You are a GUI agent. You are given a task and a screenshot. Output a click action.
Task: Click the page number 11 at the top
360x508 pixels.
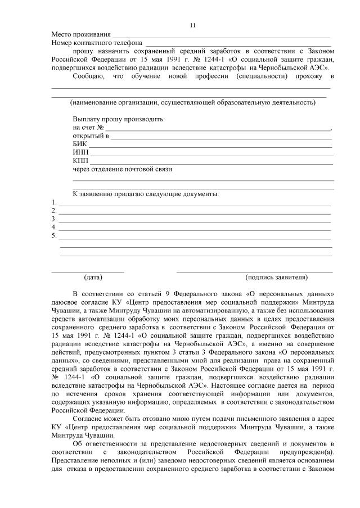pos(193,25)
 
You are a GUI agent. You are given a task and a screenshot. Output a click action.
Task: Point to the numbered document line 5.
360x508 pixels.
pos(195,237)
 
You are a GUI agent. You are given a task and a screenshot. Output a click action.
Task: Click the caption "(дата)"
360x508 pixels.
pos(93,277)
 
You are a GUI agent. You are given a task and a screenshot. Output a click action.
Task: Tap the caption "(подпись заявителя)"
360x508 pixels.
pos(276,277)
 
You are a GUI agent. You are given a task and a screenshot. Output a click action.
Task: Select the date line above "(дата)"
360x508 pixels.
pos(88,271)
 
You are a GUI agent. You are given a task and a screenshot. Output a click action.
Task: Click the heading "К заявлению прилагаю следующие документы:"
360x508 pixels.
pos(146,194)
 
